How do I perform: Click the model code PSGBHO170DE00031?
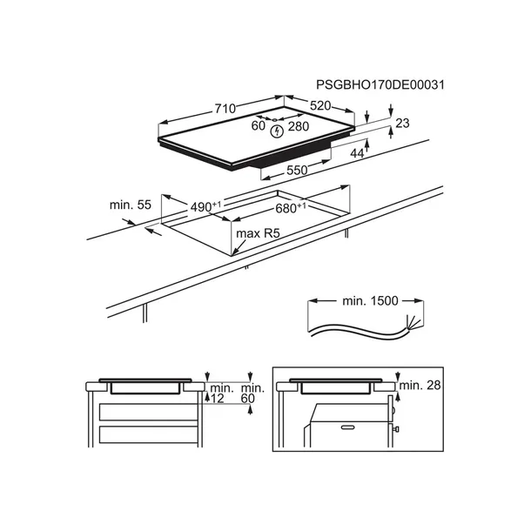380,85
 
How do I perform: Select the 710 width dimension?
225,109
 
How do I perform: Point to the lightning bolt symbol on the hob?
277,132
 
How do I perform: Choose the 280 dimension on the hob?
299,127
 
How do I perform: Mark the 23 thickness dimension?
402,124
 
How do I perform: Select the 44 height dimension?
381,154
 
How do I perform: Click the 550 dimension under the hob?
297,171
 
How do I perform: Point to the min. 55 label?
131,205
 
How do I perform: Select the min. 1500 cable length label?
369,301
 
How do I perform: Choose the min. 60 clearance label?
252,393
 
